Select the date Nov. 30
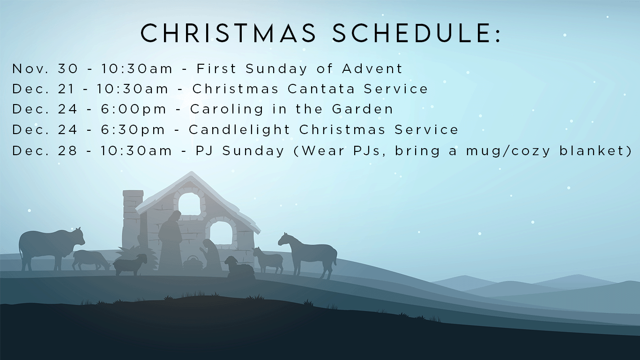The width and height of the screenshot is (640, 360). [x=45, y=68]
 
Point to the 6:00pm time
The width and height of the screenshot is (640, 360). [x=134, y=109]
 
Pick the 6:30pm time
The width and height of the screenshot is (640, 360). [x=133, y=130]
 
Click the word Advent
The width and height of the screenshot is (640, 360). [x=372, y=68]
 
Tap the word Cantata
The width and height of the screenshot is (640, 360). [x=321, y=89]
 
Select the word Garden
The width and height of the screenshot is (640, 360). [x=363, y=109]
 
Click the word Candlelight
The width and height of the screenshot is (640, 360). [x=239, y=130]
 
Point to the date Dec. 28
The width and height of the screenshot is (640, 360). [x=45, y=150]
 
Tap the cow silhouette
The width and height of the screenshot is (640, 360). [x=52, y=248]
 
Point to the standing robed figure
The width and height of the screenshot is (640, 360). [x=171, y=241]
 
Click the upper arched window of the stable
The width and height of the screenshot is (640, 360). [x=189, y=204]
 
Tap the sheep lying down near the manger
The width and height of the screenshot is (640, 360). [x=239, y=267]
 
